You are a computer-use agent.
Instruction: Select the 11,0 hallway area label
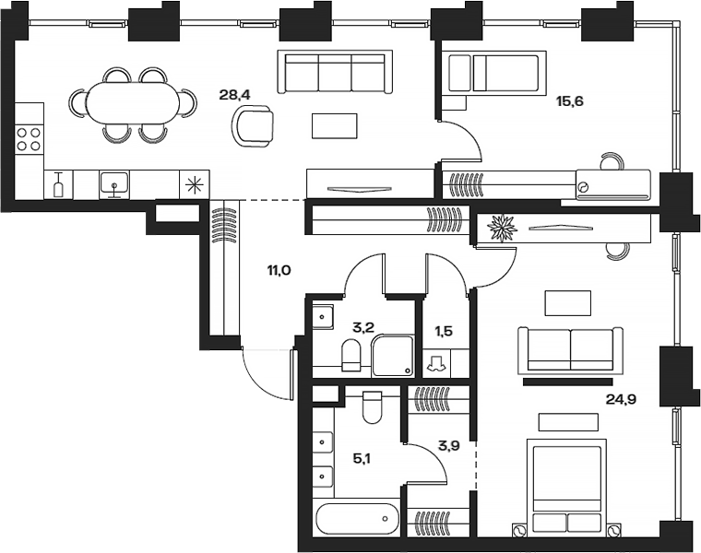(279, 270)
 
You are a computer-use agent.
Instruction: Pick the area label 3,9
(448, 445)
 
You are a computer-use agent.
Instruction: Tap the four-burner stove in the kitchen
(30, 137)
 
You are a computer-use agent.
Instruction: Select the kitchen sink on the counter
(114, 183)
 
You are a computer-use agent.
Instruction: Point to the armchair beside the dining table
(253, 124)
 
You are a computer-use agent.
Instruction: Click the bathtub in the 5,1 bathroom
(358, 520)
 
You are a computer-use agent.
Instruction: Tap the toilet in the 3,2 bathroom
(351, 354)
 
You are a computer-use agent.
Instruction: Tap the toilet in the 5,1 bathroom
(372, 406)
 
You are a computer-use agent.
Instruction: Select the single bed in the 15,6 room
(493, 73)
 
